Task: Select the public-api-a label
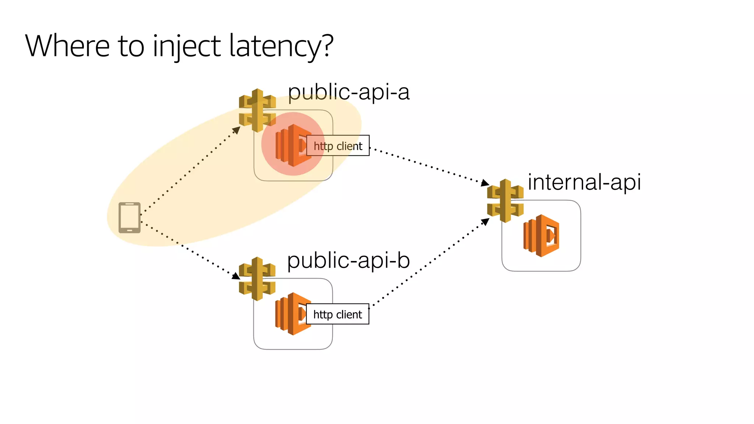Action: coord(348,92)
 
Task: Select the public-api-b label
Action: coord(348,260)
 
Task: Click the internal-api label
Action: coord(584,182)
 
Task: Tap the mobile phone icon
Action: coord(130,218)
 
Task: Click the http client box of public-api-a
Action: coord(338,146)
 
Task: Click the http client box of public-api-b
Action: coord(337,314)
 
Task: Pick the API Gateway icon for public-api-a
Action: coord(257,110)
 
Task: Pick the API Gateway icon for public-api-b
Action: coord(257,279)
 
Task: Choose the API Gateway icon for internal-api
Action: coord(505,201)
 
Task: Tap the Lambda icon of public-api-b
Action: coord(291,314)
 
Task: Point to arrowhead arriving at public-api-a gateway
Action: coord(237,130)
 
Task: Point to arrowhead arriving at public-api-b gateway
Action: coord(236,276)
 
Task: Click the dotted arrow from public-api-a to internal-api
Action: coord(427,165)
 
